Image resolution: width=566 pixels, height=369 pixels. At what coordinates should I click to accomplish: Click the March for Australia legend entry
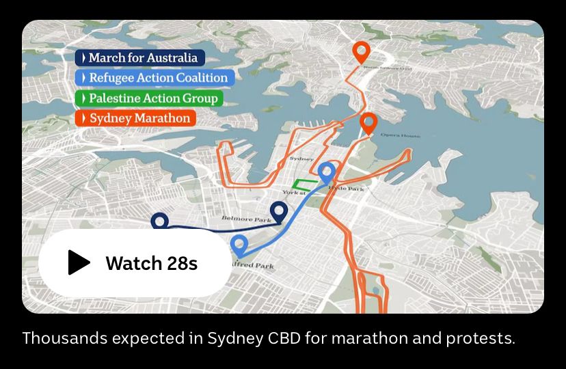pos(140,58)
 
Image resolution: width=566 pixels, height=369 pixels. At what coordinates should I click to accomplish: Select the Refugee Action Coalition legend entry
pos(154,78)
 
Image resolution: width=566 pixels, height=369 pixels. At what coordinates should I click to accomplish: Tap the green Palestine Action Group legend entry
pos(148,98)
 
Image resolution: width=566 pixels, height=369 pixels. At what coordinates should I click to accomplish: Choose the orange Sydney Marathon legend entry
pos(135,118)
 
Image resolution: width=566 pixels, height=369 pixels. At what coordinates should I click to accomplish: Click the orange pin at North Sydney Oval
pos(361,51)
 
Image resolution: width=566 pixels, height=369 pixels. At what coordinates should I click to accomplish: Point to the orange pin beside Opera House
pos(368,122)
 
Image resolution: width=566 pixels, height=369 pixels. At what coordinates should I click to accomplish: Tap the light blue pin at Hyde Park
pos(327,172)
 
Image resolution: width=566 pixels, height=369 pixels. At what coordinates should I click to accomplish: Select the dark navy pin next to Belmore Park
pos(278,212)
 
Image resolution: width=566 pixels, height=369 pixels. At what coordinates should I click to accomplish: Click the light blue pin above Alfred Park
pos(239,244)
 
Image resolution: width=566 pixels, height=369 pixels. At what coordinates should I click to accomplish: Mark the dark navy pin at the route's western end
pos(159,220)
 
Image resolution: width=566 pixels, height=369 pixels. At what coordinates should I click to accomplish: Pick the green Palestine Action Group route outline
pos(304,184)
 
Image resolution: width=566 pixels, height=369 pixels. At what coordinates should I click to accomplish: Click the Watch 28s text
pos(151,263)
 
